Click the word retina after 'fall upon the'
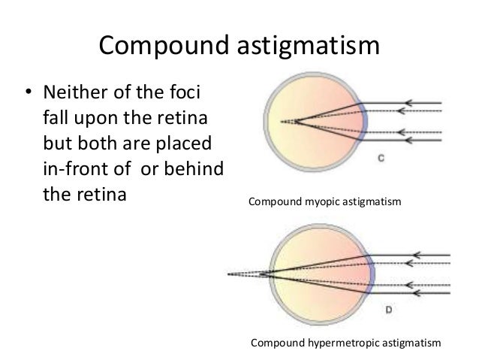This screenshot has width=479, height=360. pos(181,120)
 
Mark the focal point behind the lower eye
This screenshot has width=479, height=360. pos(232,272)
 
